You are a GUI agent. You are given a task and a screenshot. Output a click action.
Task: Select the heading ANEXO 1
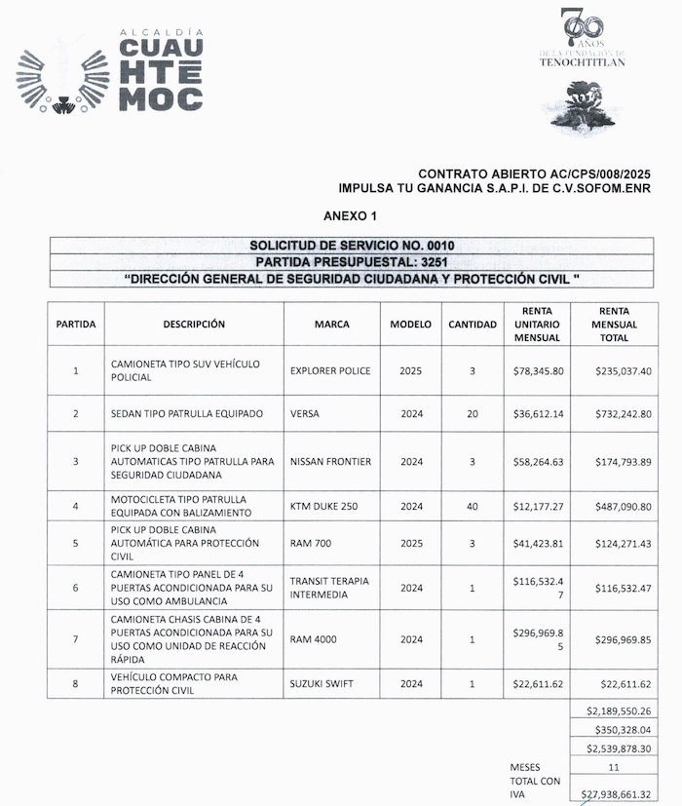click(349, 213)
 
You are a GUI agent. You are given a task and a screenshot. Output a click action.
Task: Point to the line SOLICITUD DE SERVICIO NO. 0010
click(352, 246)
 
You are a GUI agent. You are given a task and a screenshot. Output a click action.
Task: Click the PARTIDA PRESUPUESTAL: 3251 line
click(352, 262)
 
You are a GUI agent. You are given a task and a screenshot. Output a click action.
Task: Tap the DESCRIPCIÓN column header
click(194, 324)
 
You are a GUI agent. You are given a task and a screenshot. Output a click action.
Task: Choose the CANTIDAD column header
click(472, 324)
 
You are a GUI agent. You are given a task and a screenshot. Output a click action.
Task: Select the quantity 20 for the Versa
click(472, 413)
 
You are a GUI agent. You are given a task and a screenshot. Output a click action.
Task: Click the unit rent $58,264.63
click(538, 461)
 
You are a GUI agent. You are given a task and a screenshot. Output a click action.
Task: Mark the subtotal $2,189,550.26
click(614, 710)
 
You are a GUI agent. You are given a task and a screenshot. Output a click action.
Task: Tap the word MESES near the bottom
click(527, 767)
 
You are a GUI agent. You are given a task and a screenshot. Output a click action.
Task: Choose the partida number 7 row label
click(76, 638)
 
